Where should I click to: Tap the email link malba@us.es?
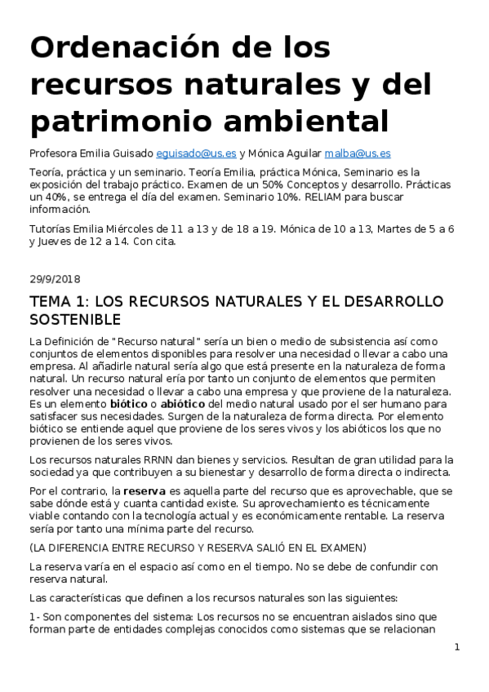(358, 153)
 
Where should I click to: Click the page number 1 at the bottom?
(457, 647)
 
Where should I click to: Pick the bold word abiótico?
(187, 403)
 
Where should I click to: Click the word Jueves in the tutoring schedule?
(54, 242)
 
